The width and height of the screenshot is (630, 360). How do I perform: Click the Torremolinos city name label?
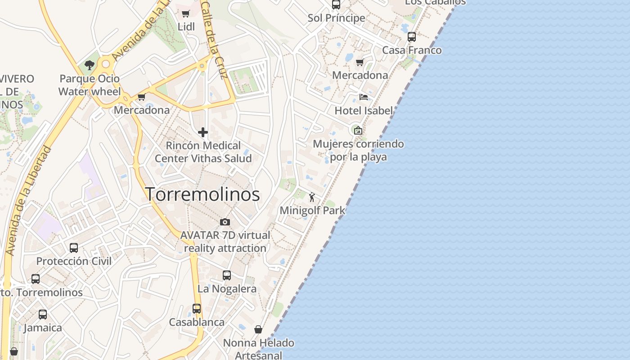click(x=202, y=194)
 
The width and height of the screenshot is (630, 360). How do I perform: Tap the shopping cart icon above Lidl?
click(x=185, y=14)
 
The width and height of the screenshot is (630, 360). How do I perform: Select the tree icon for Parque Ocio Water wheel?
click(x=90, y=65)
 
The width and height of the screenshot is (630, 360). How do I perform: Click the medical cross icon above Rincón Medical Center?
click(x=203, y=132)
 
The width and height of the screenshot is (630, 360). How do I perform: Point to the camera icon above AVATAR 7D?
click(x=225, y=222)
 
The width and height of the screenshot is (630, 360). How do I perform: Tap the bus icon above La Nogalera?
click(x=227, y=275)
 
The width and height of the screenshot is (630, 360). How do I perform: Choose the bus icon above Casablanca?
click(x=197, y=309)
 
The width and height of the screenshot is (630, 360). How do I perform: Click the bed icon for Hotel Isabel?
click(x=364, y=97)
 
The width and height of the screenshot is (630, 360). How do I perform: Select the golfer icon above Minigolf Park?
click(x=312, y=197)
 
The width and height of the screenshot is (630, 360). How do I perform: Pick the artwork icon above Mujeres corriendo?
click(x=358, y=131)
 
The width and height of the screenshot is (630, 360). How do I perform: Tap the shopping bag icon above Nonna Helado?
click(x=258, y=329)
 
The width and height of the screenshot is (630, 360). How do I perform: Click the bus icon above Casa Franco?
click(x=412, y=37)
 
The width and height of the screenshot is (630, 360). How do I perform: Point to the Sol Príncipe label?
click(x=337, y=18)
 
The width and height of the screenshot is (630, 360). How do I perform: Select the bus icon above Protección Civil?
click(x=74, y=247)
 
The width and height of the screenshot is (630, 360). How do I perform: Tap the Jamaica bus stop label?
click(x=43, y=328)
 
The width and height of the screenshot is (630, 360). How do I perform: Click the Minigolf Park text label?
click(x=313, y=210)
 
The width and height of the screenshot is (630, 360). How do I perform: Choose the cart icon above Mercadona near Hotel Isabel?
click(x=360, y=62)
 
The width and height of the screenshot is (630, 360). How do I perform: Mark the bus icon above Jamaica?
click(x=43, y=315)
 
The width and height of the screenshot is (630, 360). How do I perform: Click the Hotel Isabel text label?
click(x=364, y=110)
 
